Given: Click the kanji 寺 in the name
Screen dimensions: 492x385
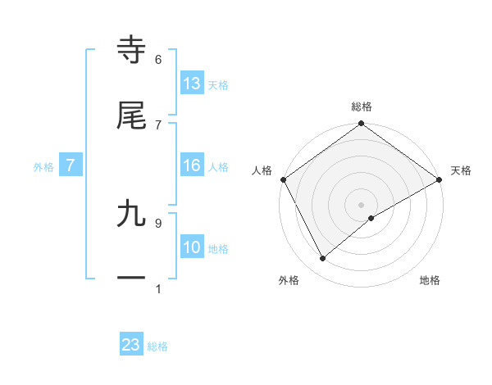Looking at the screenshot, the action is click(132, 51).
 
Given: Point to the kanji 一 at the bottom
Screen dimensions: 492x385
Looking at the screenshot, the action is click(132, 279).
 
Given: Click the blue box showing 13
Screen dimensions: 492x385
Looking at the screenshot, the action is click(192, 83).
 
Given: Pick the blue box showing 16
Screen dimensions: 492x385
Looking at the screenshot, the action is click(192, 165).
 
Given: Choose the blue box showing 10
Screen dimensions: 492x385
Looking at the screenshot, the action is click(192, 247).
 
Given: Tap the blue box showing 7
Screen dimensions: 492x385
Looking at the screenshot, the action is click(71, 165).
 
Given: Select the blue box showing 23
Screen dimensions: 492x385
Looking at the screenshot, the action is click(131, 345).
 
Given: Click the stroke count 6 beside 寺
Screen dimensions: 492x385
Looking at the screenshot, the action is click(158, 59).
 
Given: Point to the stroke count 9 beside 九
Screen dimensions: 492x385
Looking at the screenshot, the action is click(158, 222).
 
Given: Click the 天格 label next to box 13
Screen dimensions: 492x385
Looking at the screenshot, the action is click(217, 84).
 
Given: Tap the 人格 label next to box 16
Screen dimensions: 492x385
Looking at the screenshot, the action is click(217, 166).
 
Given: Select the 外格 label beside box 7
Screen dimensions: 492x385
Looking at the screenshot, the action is click(43, 166).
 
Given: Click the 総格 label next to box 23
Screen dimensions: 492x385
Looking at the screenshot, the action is click(157, 346).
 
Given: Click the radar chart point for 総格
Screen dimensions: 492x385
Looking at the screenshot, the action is click(361, 125).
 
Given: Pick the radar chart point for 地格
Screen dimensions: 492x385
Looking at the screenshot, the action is click(371, 218).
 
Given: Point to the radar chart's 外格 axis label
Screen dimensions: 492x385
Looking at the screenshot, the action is click(289, 280).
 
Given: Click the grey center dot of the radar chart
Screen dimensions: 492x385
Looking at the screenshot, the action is click(361, 204).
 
